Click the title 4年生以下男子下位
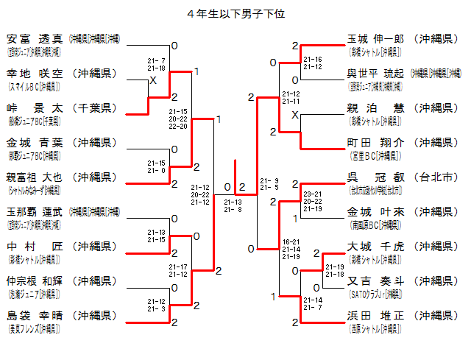tap(235, 13)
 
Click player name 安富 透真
tap(35, 38)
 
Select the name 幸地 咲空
tap(35, 73)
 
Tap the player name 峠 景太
tap(35, 107)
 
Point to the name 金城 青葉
tap(35, 142)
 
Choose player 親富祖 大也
tap(35, 177)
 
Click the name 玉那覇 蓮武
tap(35, 211)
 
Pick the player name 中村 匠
tap(35, 246)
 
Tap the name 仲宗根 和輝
tap(35, 280)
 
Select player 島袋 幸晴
tap(35, 315)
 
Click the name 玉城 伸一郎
tap(376, 38)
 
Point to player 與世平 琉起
tap(376, 73)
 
